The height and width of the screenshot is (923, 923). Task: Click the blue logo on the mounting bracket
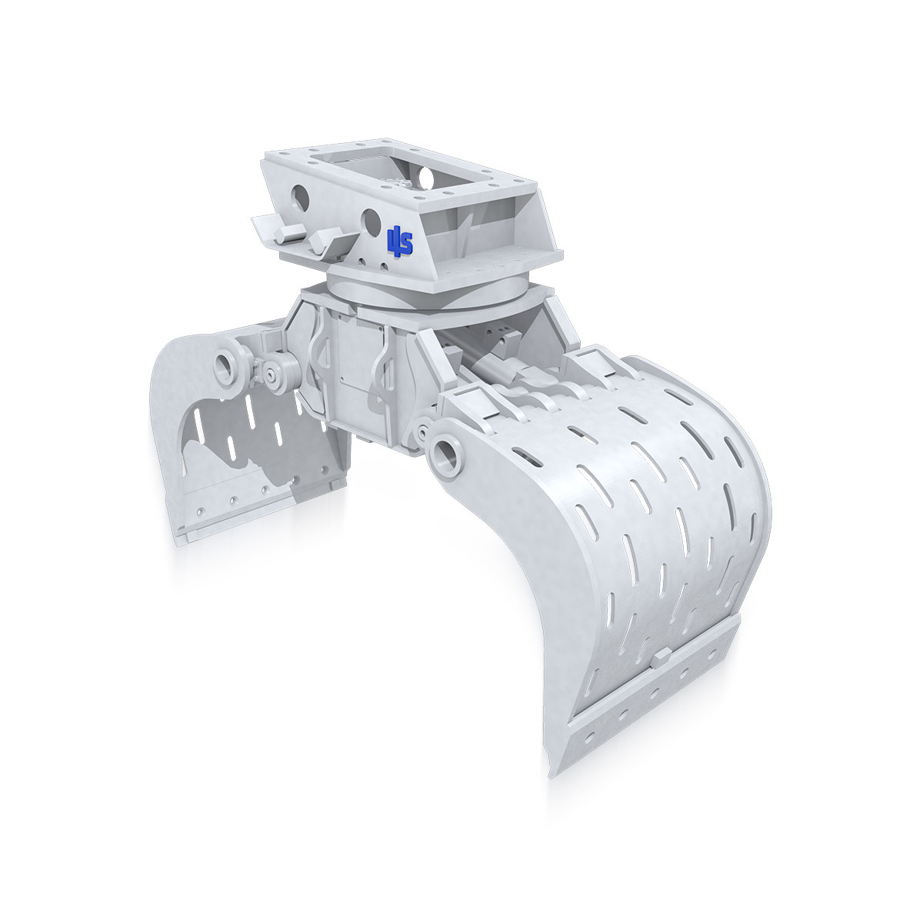pos(399,241)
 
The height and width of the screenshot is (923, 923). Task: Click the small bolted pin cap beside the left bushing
pos(273,375)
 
